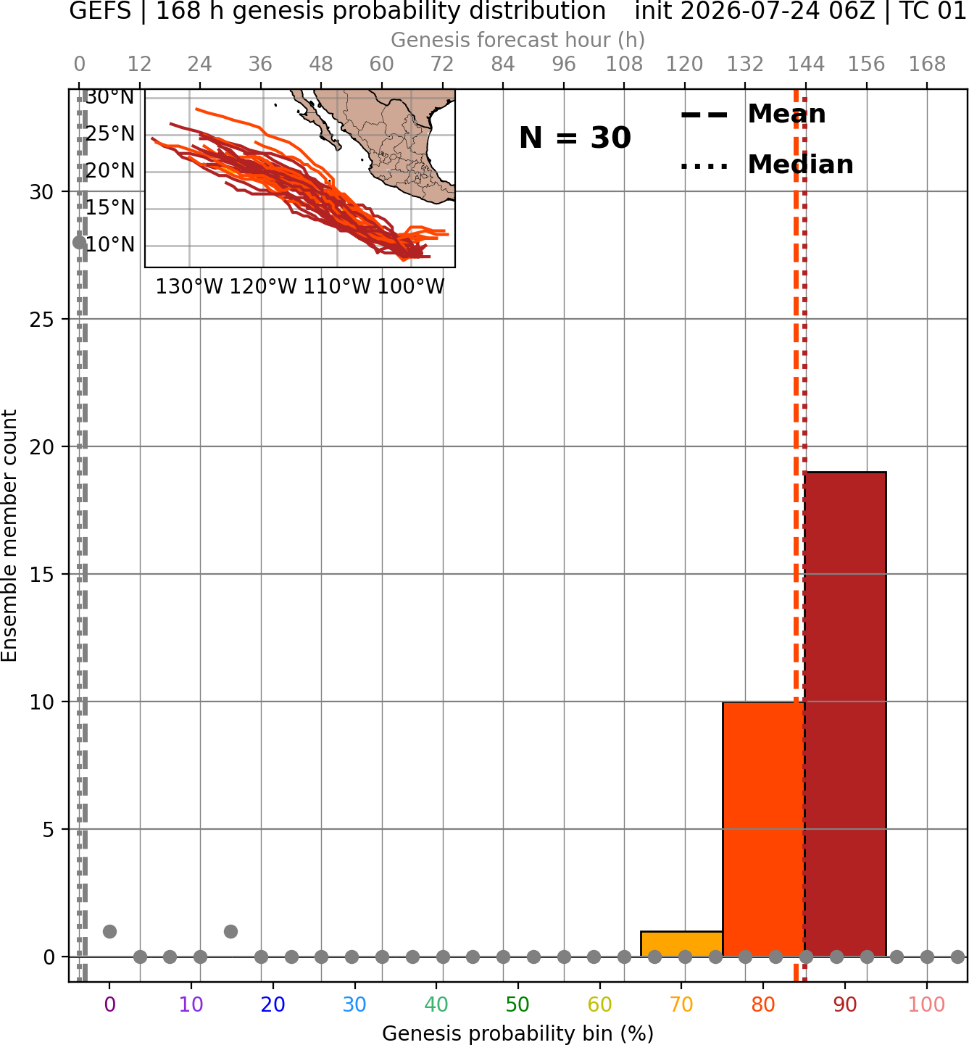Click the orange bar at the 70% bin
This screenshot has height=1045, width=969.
[681, 944]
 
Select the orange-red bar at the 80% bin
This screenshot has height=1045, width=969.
[763, 829]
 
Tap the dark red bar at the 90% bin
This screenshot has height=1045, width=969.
[845, 714]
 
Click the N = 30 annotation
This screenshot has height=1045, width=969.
[575, 138]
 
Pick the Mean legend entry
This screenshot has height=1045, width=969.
[754, 115]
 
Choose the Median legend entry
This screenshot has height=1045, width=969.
[767, 165]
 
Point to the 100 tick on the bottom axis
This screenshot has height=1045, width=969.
[926, 1004]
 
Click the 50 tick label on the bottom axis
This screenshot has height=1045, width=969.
[517, 1004]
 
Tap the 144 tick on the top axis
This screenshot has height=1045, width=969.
[805, 64]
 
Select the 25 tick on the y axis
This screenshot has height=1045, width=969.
[41, 320]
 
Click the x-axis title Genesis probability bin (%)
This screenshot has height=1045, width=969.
[517, 1033]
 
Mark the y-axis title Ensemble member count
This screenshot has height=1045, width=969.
[9, 536]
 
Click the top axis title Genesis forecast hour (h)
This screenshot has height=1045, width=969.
[517, 40]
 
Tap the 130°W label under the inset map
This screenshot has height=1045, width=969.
[189, 287]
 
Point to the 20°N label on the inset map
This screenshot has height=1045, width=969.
[110, 170]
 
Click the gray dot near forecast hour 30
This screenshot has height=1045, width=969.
[230, 931]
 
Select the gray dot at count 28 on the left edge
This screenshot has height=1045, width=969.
[79, 242]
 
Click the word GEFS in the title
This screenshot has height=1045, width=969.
[100, 11]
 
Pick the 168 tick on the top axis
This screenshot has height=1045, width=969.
[927, 64]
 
